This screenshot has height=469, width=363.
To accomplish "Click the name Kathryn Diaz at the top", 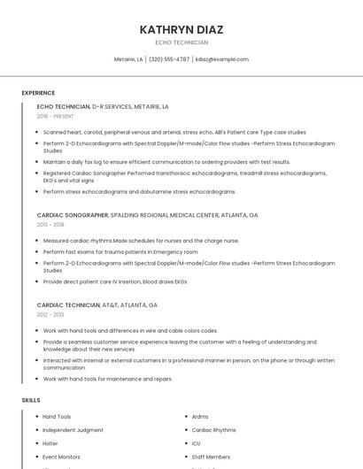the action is [x=181, y=30].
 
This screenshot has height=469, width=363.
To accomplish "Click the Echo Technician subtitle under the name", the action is [x=181, y=42].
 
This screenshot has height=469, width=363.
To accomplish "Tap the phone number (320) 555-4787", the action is [x=169, y=59].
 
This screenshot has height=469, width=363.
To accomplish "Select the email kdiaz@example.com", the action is [x=222, y=59].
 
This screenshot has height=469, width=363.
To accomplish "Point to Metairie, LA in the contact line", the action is [x=128, y=59].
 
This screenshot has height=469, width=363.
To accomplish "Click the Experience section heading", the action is [x=38, y=93].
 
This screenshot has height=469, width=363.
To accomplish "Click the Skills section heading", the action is [x=31, y=400].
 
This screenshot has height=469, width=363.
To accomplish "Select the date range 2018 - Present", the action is [x=55, y=116].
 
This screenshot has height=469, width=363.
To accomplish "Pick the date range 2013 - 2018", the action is [x=50, y=225].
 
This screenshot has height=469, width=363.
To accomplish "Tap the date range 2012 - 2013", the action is [x=50, y=314].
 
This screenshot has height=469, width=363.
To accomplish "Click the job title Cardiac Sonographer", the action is [x=73, y=215].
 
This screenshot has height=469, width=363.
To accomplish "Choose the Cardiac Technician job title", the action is [x=68, y=304].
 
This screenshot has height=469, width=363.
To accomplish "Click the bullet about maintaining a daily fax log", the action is [x=166, y=162].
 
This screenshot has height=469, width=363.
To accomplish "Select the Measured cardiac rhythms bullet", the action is [x=141, y=241].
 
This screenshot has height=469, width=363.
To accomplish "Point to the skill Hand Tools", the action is [x=57, y=417].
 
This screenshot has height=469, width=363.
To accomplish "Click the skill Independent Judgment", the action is [x=73, y=430].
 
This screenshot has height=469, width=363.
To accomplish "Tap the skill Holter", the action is [x=50, y=443].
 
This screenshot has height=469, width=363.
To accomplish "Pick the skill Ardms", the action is [x=200, y=417].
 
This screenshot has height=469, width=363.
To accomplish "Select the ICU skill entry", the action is [x=197, y=443].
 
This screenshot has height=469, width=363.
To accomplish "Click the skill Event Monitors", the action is [x=61, y=457].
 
